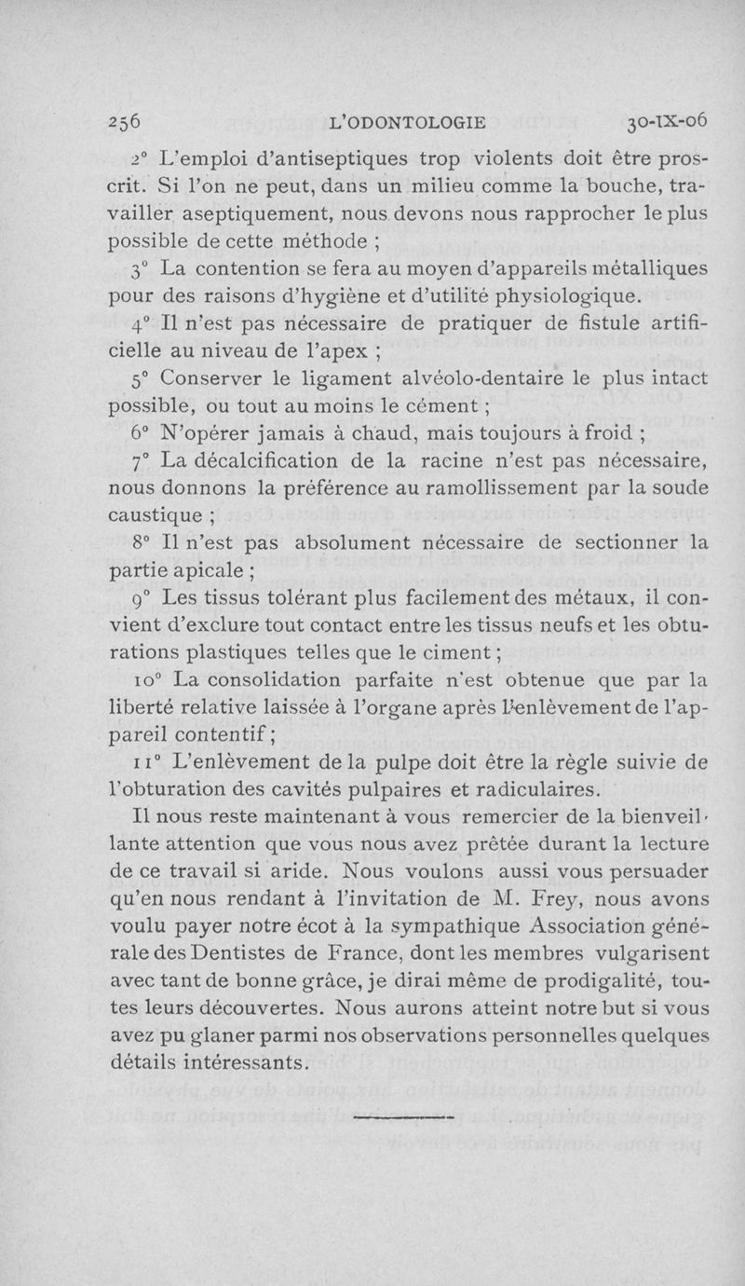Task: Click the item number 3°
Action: pyautogui.click(x=142, y=270)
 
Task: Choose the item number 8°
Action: pyautogui.click(x=142, y=541)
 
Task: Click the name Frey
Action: pyautogui.click(x=582, y=897)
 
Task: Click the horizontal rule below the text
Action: pyautogui.click(x=403, y=1114)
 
